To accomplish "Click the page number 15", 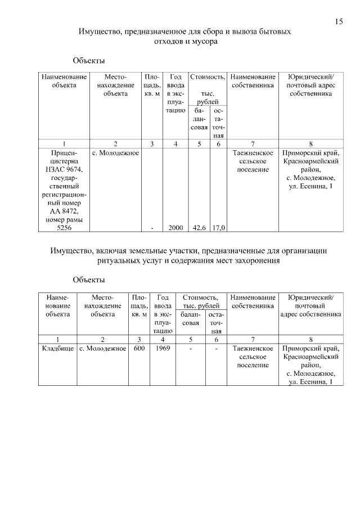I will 339,22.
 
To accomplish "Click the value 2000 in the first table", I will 175,228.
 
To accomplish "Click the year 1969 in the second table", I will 163,349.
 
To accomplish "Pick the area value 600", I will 139,349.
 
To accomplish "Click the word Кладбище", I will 58,349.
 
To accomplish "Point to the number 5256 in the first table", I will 64,228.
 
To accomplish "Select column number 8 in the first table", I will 310,144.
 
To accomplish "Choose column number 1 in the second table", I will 58,339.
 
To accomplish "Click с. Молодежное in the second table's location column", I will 102,349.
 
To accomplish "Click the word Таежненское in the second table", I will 253,349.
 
